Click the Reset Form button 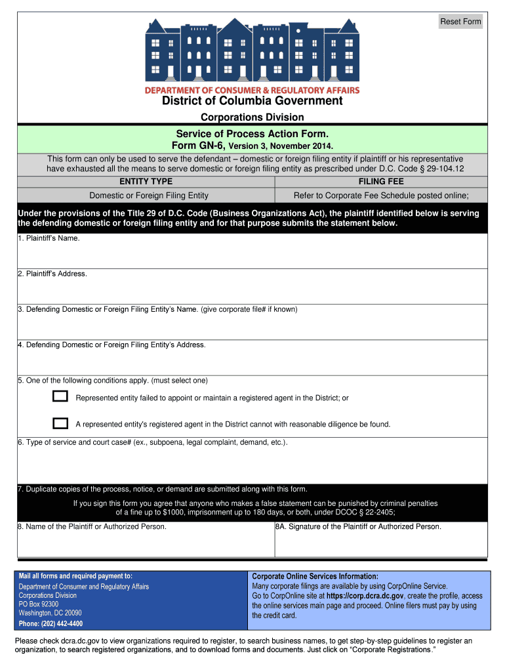coord(460,22)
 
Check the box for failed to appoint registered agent coord(60,396)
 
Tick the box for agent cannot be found coord(60,423)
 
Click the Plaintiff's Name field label coord(49,238)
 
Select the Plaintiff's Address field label coord(52,274)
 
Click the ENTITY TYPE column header coord(146,181)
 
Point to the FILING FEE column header coord(381,181)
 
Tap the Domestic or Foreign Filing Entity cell coord(149,196)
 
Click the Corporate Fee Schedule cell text coord(381,196)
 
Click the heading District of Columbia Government coord(253,101)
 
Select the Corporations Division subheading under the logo coord(253,117)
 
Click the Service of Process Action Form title coord(253,134)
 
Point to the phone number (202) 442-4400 coord(51,623)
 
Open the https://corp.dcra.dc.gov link coord(365,596)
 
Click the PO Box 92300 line coord(39,604)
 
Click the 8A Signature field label coord(358,526)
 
